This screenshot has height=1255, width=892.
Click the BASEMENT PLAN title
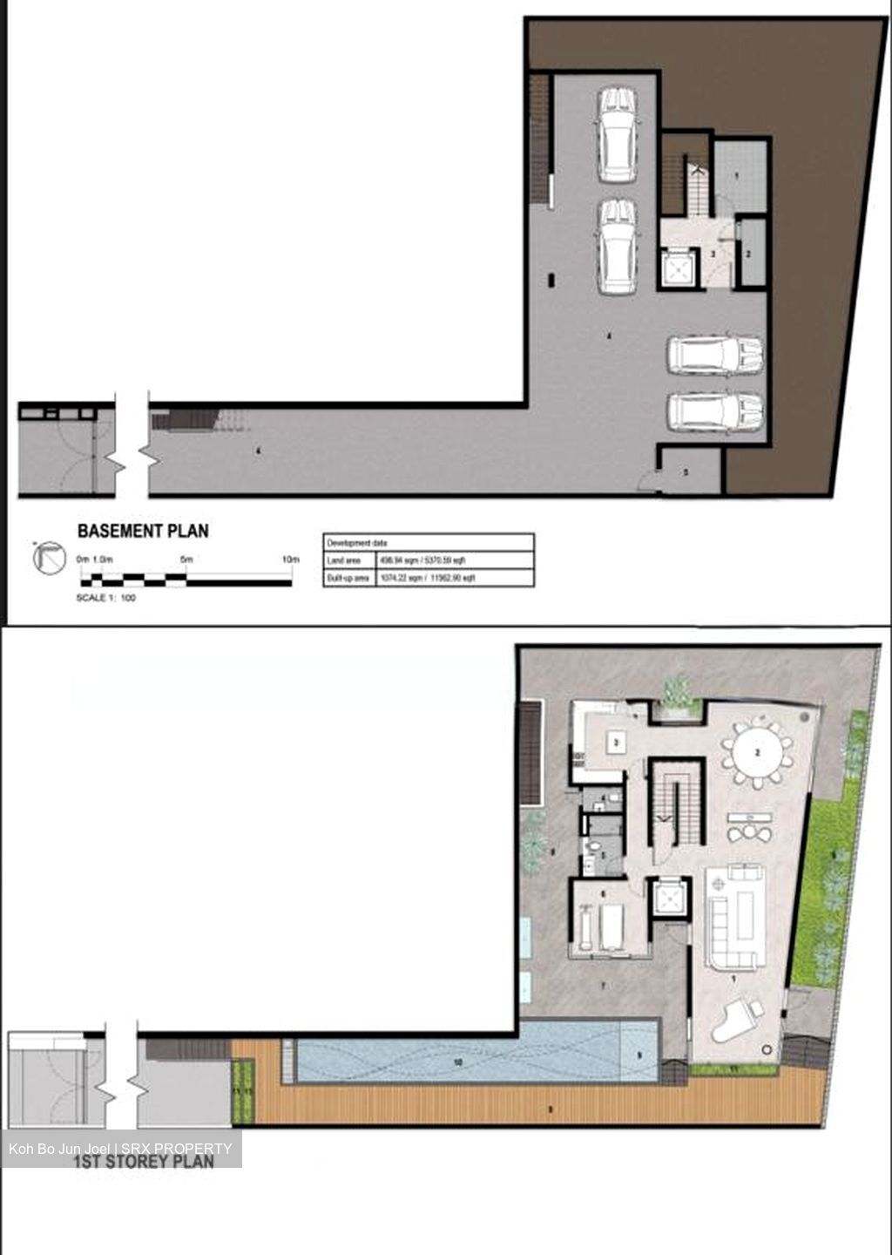[143, 530]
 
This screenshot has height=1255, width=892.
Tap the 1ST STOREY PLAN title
[143, 1161]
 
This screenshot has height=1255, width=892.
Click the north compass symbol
[49, 558]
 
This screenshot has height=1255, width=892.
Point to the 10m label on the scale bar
[290, 559]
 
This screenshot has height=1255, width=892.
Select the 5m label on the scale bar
[186, 559]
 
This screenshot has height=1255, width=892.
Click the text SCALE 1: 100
[106, 598]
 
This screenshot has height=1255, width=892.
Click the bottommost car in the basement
[715, 412]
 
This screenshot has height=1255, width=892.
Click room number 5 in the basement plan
[686, 472]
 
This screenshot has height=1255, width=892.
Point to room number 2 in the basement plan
[748, 254]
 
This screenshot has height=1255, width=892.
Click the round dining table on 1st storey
[757, 752]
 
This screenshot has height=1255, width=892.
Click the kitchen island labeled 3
[617, 743]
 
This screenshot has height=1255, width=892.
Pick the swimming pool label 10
[457, 1062]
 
